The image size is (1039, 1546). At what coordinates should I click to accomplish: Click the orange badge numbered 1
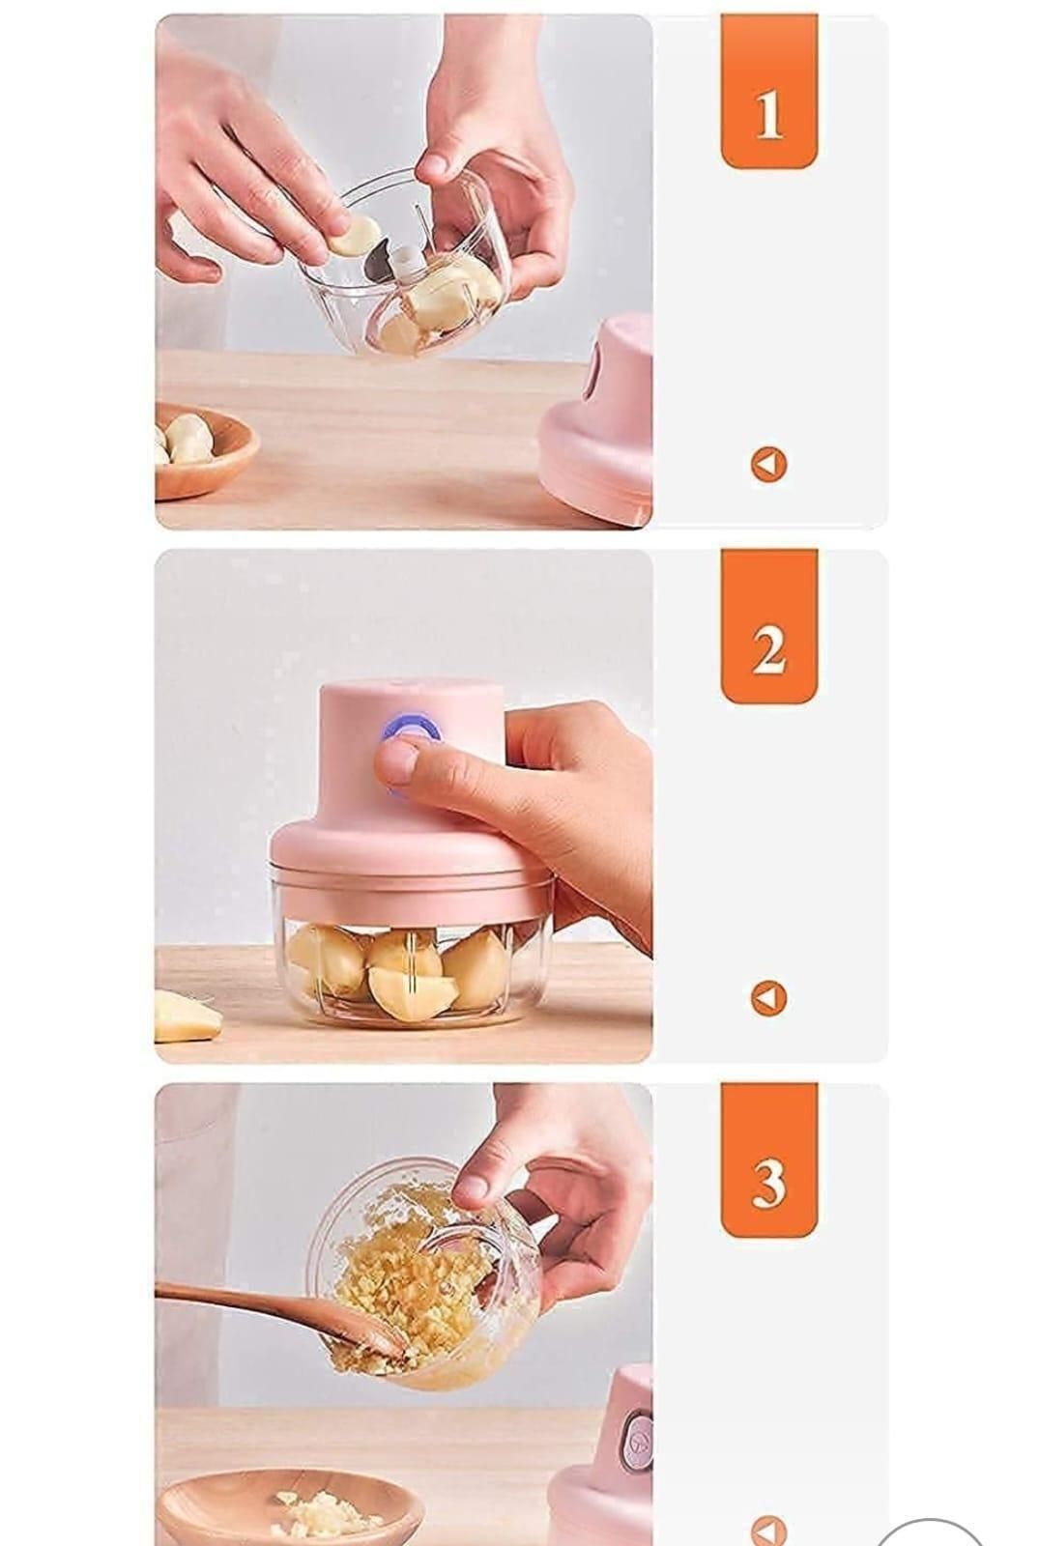click(x=768, y=92)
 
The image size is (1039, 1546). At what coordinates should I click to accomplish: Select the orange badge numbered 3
click(x=768, y=1159)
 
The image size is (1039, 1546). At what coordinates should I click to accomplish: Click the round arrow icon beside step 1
click(x=768, y=465)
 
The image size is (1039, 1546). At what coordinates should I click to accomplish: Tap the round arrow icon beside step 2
click(x=768, y=998)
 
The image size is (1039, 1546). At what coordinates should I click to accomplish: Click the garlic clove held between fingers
click(x=353, y=235)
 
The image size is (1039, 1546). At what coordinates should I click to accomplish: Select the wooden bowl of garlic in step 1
click(x=203, y=449)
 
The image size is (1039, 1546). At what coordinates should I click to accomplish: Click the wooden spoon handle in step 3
click(x=242, y=1300)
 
